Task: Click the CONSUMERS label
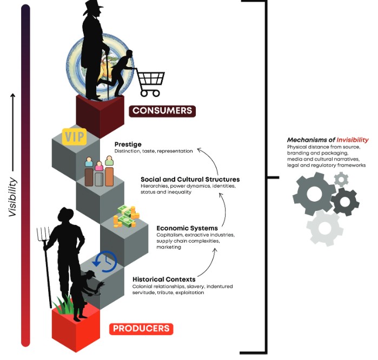162,111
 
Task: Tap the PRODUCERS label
141,328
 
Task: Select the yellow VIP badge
75,136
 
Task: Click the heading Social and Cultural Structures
190,179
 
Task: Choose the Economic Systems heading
187,228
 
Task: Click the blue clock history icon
105,261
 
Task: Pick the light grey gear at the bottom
324,228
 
